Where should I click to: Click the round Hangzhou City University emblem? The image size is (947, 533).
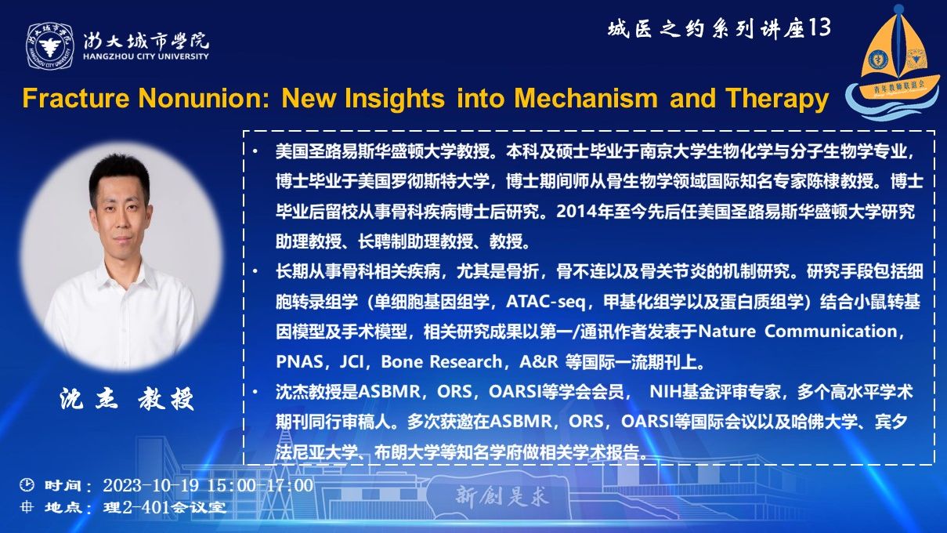[50, 46]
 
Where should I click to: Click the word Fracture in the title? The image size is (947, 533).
[76, 98]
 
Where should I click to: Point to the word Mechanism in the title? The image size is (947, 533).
[586, 98]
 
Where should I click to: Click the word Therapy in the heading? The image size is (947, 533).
[777, 99]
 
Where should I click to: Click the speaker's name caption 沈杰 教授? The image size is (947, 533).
[127, 399]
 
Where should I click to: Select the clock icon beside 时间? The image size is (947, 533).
[27, 484]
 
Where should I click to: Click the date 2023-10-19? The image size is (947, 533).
[151, 485]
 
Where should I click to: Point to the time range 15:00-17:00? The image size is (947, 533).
[260, 485]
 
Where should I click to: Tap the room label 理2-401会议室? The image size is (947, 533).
[164, 507]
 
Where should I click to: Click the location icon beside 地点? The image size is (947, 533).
[27, 506]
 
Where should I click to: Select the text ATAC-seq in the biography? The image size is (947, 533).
[545, 302]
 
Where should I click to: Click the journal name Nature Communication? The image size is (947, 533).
[797, 332]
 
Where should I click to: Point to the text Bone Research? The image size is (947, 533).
[441, 361]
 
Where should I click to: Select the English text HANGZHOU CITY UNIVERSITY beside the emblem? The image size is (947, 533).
[146, 56]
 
